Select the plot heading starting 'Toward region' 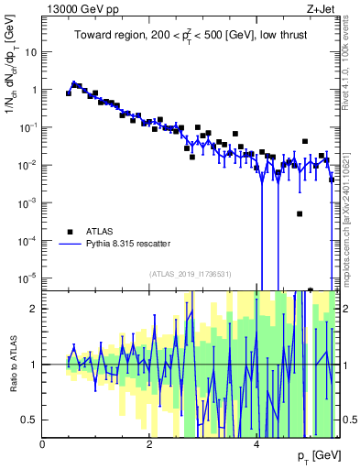191,36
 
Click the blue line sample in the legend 70,245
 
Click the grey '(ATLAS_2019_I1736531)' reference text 191,274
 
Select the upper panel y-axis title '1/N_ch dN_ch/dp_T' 13,92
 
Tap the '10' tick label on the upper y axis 30,52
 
